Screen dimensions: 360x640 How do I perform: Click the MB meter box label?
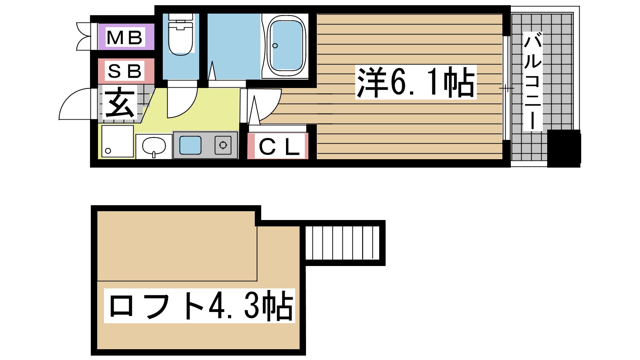point(125,38)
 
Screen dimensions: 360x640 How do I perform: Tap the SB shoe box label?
point(125,71)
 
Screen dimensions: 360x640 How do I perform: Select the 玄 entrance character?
point(119,103)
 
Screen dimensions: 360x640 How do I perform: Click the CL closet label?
point(279,147)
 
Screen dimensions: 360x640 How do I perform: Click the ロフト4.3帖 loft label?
point(200,306)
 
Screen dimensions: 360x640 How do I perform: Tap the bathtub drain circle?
point(275,46)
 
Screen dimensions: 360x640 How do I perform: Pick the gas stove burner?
point(223,145)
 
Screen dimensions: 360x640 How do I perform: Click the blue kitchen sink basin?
point(190,145)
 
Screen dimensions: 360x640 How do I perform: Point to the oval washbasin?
point(154,146)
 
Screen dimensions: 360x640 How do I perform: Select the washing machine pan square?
point(117,141)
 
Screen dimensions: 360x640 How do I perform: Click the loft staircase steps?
point(342,242)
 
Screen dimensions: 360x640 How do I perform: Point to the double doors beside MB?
point(85,37)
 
